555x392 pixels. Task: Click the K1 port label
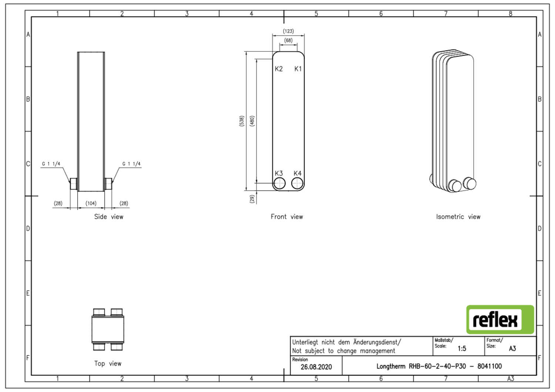298,69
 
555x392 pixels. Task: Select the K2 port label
279,69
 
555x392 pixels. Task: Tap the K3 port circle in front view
279,183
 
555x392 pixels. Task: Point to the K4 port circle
297,183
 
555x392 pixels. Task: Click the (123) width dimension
288,31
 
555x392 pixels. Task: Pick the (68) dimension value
288,40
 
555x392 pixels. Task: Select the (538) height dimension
242,121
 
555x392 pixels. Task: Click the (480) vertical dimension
252,121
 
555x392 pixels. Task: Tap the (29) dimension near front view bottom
252,199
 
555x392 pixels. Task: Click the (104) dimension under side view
91,203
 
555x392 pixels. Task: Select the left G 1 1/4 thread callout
51,164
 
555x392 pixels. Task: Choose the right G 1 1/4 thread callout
131,164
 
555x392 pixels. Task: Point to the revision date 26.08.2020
316,367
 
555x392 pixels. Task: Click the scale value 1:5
462,348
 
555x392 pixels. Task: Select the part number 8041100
490,366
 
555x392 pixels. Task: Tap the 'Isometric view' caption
458,217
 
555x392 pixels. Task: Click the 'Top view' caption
108,364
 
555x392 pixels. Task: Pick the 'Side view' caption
108,217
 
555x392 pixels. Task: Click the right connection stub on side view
108,183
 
